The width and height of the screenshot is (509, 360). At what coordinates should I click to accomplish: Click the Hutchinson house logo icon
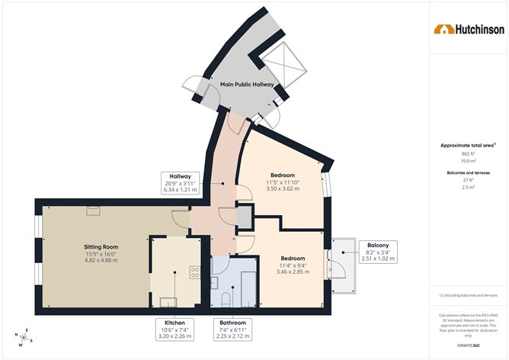(443, 30)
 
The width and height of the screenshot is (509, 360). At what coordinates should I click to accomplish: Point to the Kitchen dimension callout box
(174, 328)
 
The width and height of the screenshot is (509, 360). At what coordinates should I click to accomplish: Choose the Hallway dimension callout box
(181, 183)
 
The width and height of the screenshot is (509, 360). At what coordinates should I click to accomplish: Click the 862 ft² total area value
(468, 154)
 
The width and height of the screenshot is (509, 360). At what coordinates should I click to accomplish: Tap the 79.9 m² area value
(468, 162)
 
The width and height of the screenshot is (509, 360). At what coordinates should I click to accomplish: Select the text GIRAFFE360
(468, 346)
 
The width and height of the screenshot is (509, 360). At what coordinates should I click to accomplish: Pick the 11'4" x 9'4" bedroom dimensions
(291, 265)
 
